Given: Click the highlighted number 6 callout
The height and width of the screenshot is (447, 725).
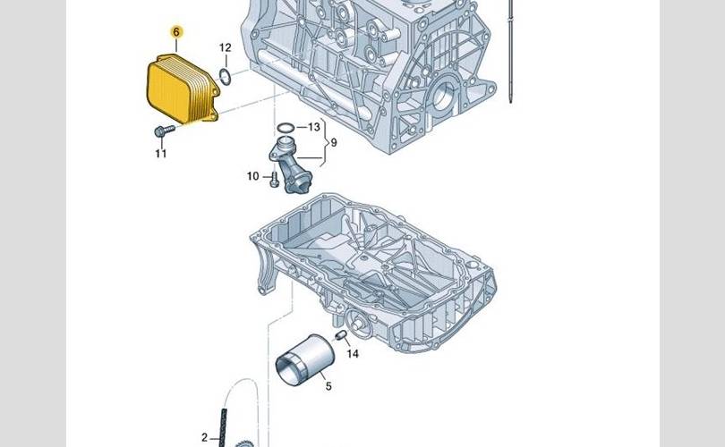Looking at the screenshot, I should pos(176,32).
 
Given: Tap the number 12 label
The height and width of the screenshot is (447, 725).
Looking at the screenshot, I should pos(225,47).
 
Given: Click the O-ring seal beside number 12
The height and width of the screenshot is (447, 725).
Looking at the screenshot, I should pos(226,74).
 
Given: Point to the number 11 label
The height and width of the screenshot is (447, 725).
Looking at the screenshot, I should pos(160,154).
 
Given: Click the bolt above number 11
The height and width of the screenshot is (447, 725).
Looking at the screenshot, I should pos(161,132).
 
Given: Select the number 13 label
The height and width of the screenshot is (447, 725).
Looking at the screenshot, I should pos(314,128).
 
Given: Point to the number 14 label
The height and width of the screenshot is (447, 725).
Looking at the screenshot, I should pos(353,354).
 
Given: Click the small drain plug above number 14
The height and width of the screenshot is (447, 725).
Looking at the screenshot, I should pos(341,334).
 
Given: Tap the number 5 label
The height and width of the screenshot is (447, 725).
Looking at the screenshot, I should pos(328,386).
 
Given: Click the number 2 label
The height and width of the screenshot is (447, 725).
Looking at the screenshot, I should pos(204,437).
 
